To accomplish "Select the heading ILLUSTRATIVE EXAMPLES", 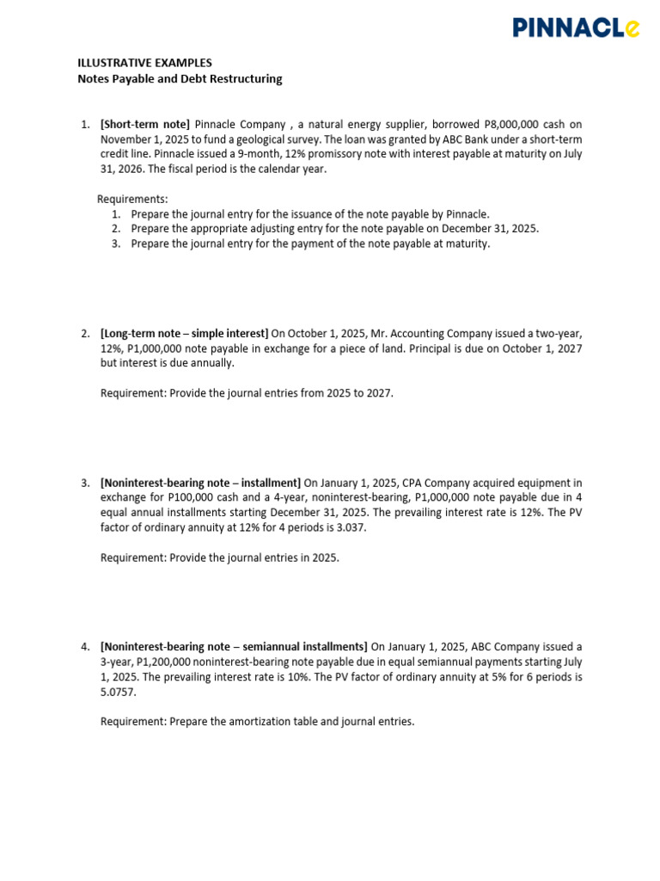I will [144, 63].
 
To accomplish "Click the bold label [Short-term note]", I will [145, 125].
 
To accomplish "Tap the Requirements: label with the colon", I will [132, 199].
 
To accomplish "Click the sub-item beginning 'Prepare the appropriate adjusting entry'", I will [335, 229].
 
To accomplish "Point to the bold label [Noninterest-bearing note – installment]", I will [200, 483].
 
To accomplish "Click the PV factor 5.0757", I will [118, 692].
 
